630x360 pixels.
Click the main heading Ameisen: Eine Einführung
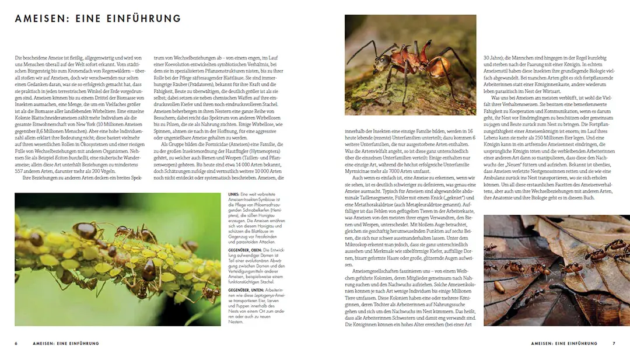click(x=98, y=19)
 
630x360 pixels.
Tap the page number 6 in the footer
click(x=16, y=343)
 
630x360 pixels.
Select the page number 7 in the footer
click(x=614, y=343)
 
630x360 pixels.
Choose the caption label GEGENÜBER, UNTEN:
click(x=245, y=289)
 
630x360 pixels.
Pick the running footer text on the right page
click(x=564, y=343)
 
